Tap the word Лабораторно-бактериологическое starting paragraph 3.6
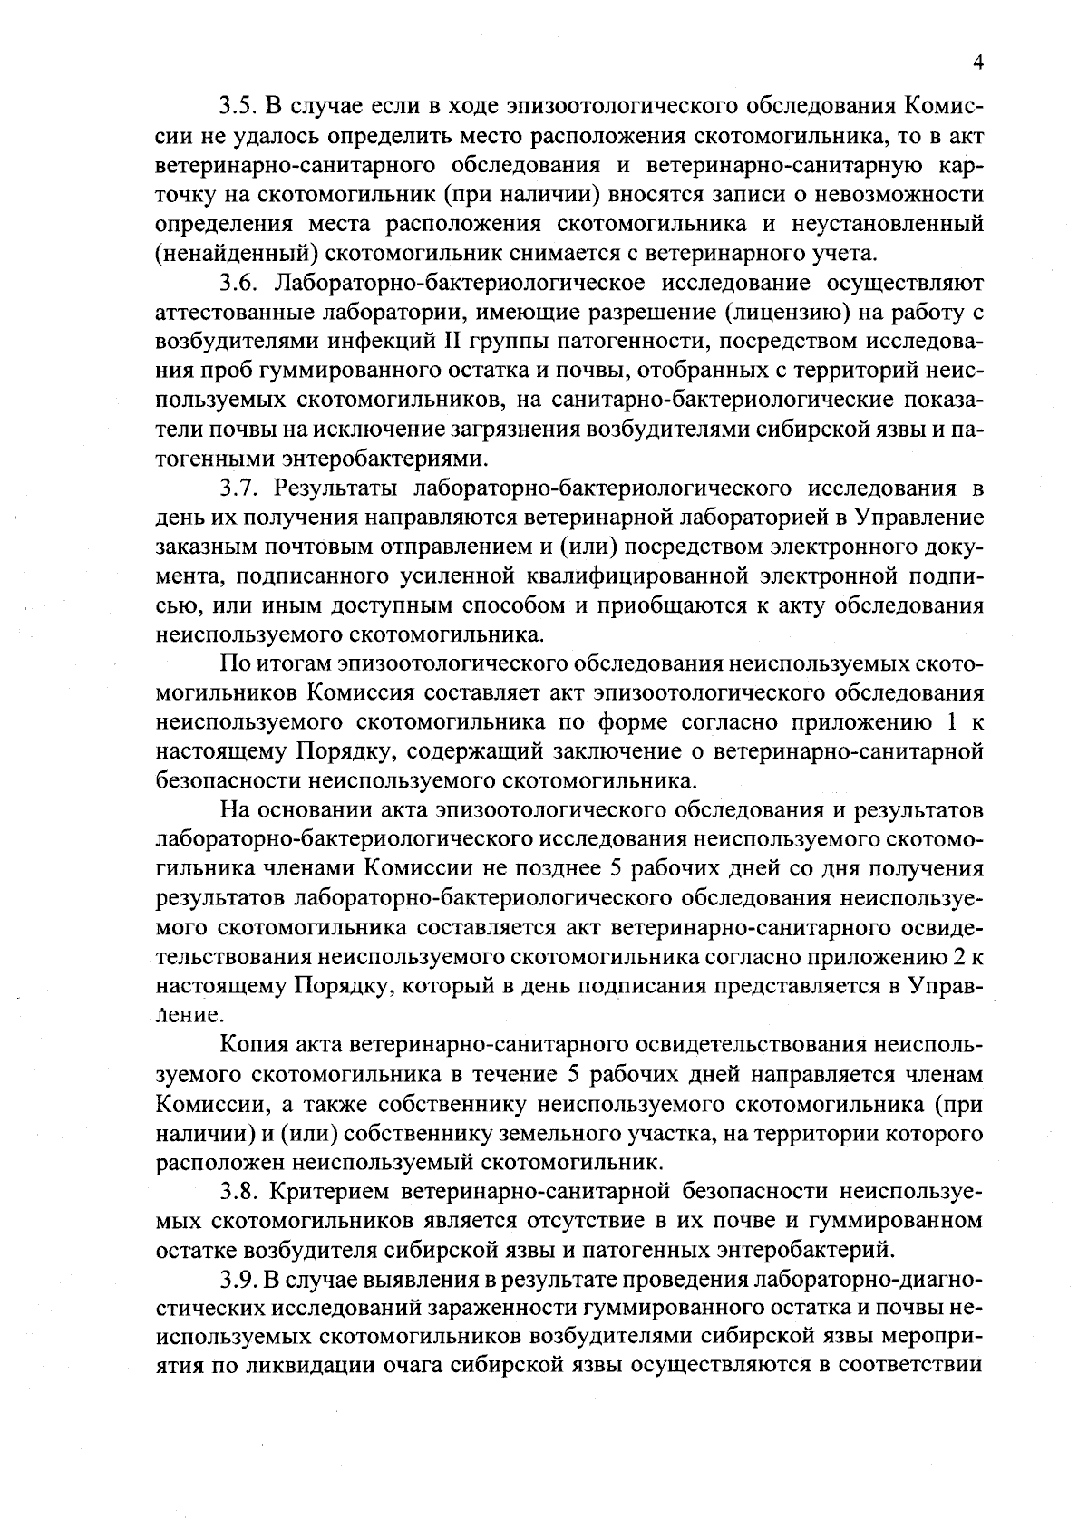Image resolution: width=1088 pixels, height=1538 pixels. tap(459, 282)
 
